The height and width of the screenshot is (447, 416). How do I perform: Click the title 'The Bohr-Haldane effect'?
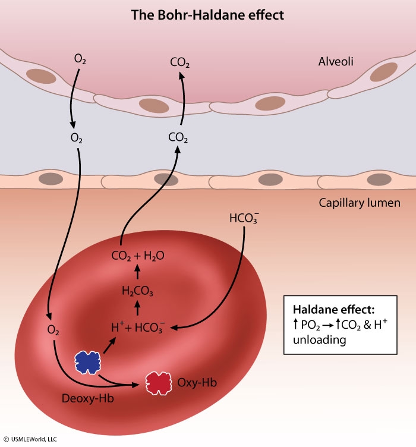[x=207, y=14]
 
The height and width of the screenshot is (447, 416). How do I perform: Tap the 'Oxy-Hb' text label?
[x=193, y=382]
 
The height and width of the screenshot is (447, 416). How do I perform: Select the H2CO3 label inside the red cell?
[x=137, y=291]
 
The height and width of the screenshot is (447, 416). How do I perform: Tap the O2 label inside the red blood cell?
[x=53, y=329]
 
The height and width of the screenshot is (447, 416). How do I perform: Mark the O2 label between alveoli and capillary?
[x=76, y=137]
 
